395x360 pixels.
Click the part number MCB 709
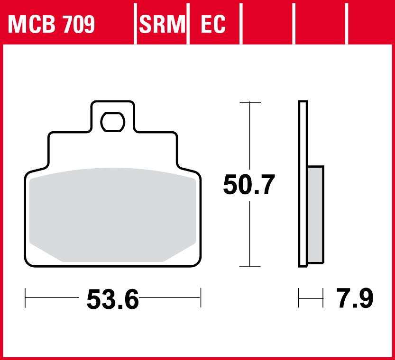51,24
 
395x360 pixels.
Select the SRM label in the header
162,24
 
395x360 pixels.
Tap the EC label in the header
213,24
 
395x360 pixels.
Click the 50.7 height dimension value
249,185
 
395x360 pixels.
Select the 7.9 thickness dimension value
355,298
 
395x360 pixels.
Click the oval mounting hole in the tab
113,122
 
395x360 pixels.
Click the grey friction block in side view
315,213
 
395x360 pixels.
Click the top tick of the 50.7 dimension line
249,102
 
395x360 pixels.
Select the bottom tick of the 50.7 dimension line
249,267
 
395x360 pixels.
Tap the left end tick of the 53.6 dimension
25,298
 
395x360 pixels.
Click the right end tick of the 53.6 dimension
201,298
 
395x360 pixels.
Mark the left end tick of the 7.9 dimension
299,298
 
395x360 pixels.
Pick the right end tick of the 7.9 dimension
323,298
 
